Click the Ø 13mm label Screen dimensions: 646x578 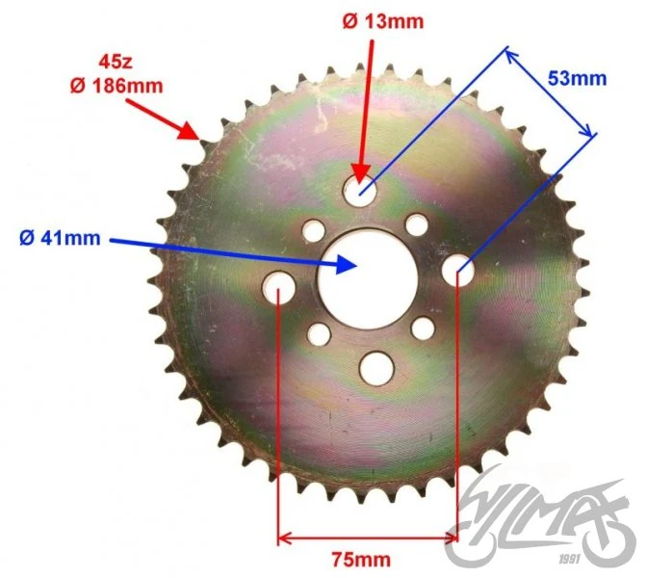(x=383, y=21)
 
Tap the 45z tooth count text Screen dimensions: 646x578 (x=116, y=62)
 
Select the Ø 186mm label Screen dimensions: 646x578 (x=116, y=86)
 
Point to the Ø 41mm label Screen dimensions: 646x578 (x=60, y=238)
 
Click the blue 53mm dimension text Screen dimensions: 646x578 (x=578, y=78)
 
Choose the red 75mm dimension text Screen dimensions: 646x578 (x=361, y=560)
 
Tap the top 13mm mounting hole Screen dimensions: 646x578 (x=360, y=190)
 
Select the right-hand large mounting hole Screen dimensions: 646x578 (x=458, y=270)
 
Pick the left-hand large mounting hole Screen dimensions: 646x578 (x=279, y=287)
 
